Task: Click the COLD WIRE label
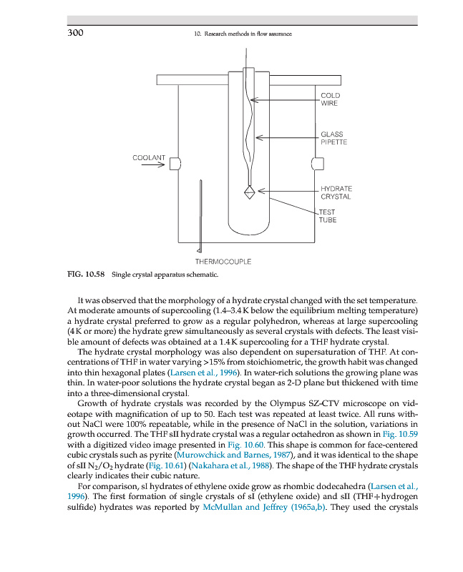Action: click(330, 99)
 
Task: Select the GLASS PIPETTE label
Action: click(333, 138)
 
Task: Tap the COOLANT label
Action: click(149, 157)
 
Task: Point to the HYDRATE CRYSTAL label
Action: click(336, 192)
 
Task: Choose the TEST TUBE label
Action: click(328, 216)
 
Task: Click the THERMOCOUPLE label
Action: click(223, 262)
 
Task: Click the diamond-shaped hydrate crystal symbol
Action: click(250, 192)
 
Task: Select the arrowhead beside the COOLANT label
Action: click(161, 164)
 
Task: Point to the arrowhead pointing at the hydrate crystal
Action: click(260, 191)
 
